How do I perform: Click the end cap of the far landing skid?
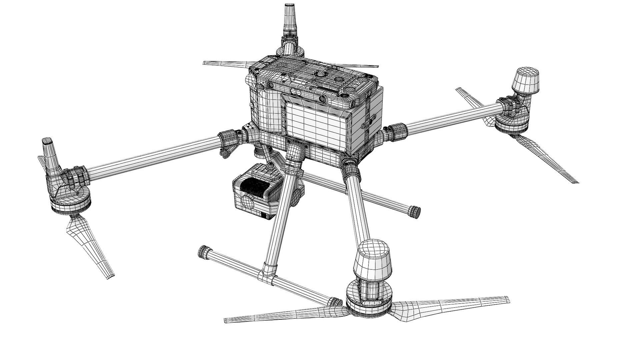[x=415, y=211]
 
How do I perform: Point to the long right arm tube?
[x=453, y=117]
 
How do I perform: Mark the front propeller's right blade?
[x=453, y=302]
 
